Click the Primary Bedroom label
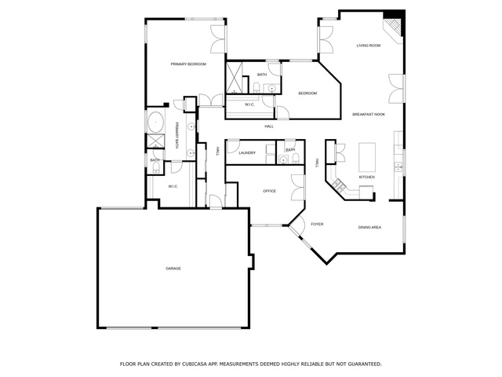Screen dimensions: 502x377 (x=188, y=64)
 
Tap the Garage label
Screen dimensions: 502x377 (x=173, y=269)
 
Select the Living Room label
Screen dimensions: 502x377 (x=369, y=46)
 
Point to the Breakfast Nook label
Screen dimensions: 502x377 (x=369, y=115)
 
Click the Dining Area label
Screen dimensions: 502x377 (x=369, y=227)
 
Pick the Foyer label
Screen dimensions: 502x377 (x=317, y=224)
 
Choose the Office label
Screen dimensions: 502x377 (x=269, y=191)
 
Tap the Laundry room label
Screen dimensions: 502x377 (x=247, y=153)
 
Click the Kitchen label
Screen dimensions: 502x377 (x=366, y=177)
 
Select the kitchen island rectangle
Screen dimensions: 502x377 (x=367, y=157)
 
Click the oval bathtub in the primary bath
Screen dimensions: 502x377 (x=156, y=123)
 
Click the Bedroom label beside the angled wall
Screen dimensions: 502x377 (x=307, y=93)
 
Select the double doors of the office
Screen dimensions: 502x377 (x=298, y=188)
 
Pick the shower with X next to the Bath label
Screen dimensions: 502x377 (x=234, y=78)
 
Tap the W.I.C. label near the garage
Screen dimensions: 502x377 (x=173, y=186)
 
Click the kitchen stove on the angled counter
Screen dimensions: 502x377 (x=339, y=185)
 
